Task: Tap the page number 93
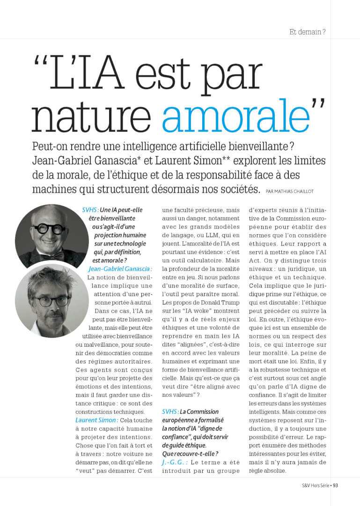[335, 485]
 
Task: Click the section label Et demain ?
[308, 32]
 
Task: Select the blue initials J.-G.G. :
[175, 462]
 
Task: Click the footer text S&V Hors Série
[309, 485]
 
